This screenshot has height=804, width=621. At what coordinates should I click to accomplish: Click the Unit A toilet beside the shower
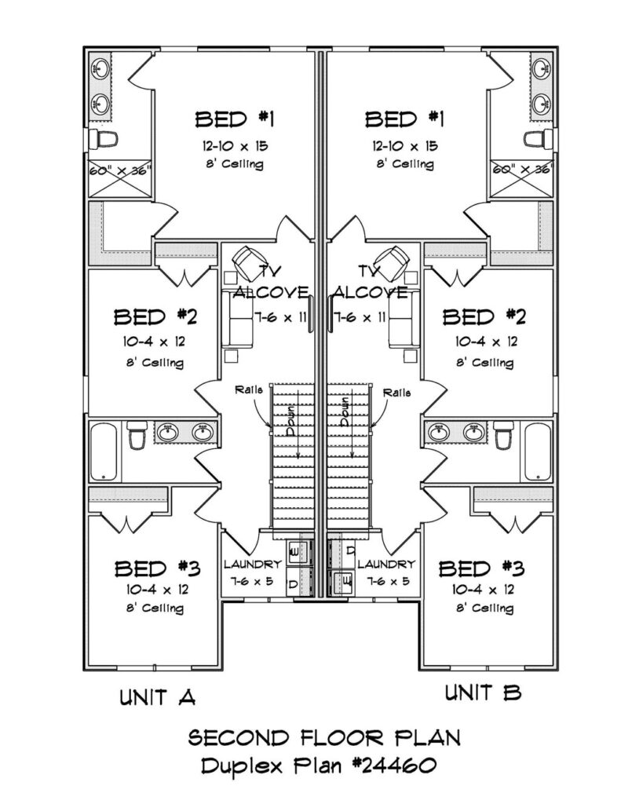(104, 138)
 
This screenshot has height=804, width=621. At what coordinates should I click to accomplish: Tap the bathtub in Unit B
(538, 451)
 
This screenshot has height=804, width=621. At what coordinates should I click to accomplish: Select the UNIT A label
(158, 697)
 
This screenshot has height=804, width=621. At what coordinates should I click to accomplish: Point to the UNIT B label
(483, 693)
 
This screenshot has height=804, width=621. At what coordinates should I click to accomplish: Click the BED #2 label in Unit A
(155, 317)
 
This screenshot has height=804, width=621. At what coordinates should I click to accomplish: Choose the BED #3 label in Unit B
(481, 568)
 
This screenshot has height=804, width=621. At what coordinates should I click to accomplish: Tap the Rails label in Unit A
(249, 389)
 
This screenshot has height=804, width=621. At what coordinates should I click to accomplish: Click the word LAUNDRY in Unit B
(385, 565)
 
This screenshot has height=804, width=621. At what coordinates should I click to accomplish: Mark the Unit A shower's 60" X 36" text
(120, 170)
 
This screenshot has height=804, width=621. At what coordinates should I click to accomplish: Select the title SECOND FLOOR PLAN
(324, 738)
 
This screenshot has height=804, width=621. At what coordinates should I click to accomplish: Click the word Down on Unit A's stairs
(290, 420)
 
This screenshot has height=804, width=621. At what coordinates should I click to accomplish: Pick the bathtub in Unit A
(104, 451)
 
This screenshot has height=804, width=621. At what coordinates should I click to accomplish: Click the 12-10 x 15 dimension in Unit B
(405, 146)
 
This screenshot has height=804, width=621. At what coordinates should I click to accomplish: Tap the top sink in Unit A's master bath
(100, 67)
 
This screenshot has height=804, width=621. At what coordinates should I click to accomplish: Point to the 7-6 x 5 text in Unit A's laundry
(251, 582)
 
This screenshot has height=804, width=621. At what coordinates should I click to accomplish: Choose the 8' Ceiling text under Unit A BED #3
(155, 608)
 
